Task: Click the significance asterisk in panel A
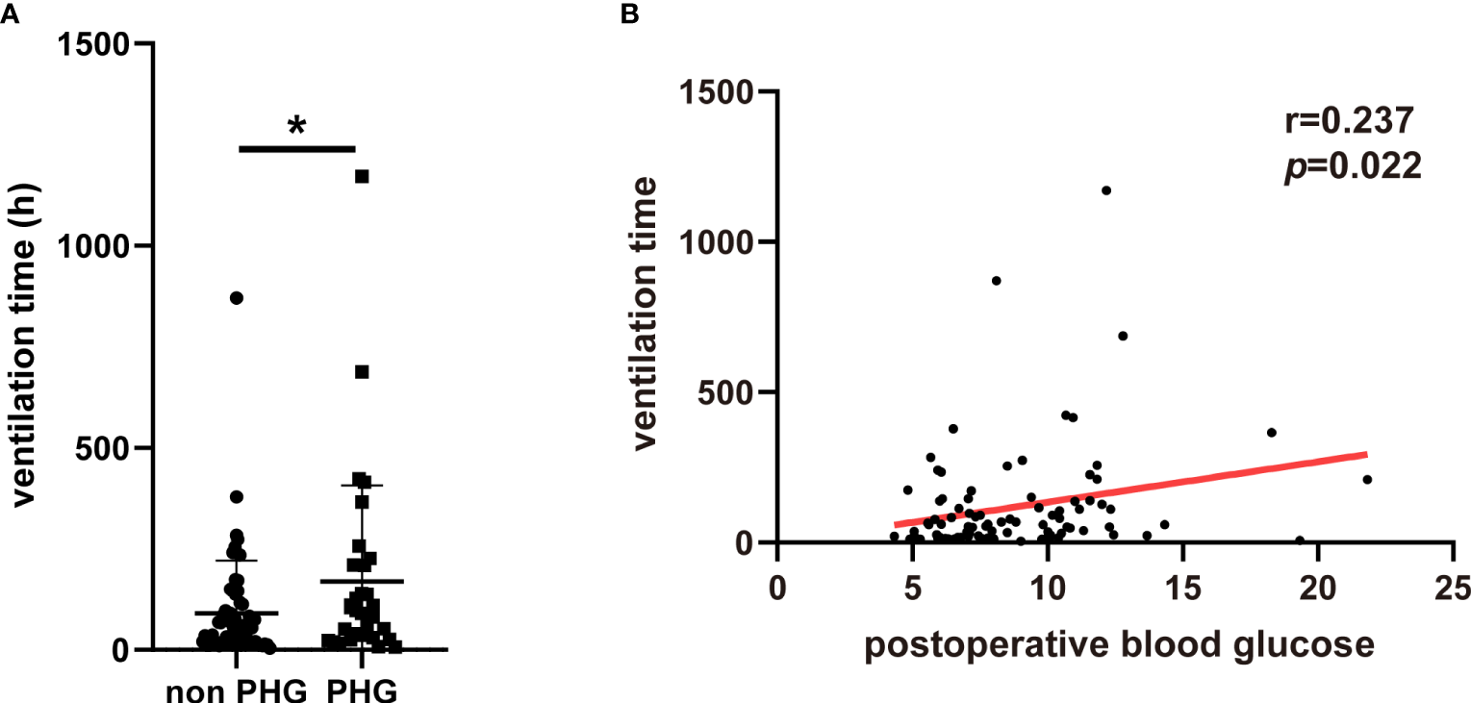click(296, 126)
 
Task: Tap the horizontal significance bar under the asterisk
click(296, 148)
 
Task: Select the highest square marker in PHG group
click(362, 176)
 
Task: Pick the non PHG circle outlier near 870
click(237, 298)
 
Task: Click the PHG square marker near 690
click(362, 372)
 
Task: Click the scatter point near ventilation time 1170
click(1106, 190)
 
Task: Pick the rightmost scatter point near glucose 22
click(1367, 479)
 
